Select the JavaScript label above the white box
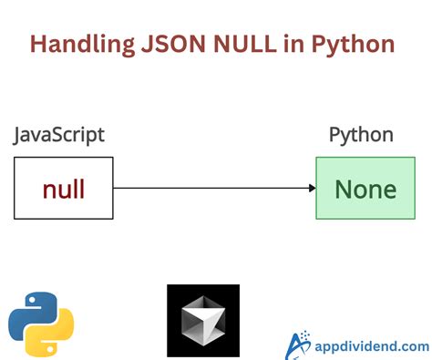click(x=59, y=136)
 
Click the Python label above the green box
click(x=361, y=136)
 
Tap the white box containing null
click(x=64, y=188)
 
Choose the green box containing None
click(x=365, y=188)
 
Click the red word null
click(x=64, y=189)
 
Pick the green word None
click(x=365, y=189)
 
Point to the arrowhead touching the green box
click(x=311, y=189)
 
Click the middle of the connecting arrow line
click(x=213, y=189)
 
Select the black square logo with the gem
click(x=203, y=320)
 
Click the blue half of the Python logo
click(x=31, y=310)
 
